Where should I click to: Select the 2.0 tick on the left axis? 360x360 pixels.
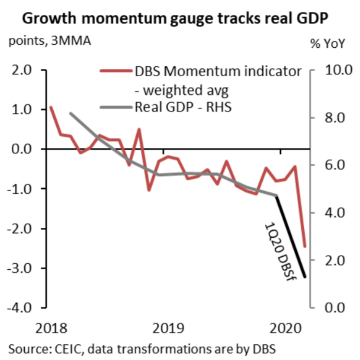pyautogui.click(x=24, y=70)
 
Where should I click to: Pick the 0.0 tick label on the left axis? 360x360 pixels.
pyautogui.click(x=24, y=149)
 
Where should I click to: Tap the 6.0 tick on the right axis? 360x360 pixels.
pyautogui.click(x=334, y=165)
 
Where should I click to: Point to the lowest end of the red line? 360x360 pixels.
pyautogui.click(x=305, y=246)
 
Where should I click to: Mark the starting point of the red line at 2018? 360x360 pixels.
pyautogui.click(x=51, y=107)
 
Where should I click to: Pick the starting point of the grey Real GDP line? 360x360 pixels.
pyautogui.click(x=70, y=113)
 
